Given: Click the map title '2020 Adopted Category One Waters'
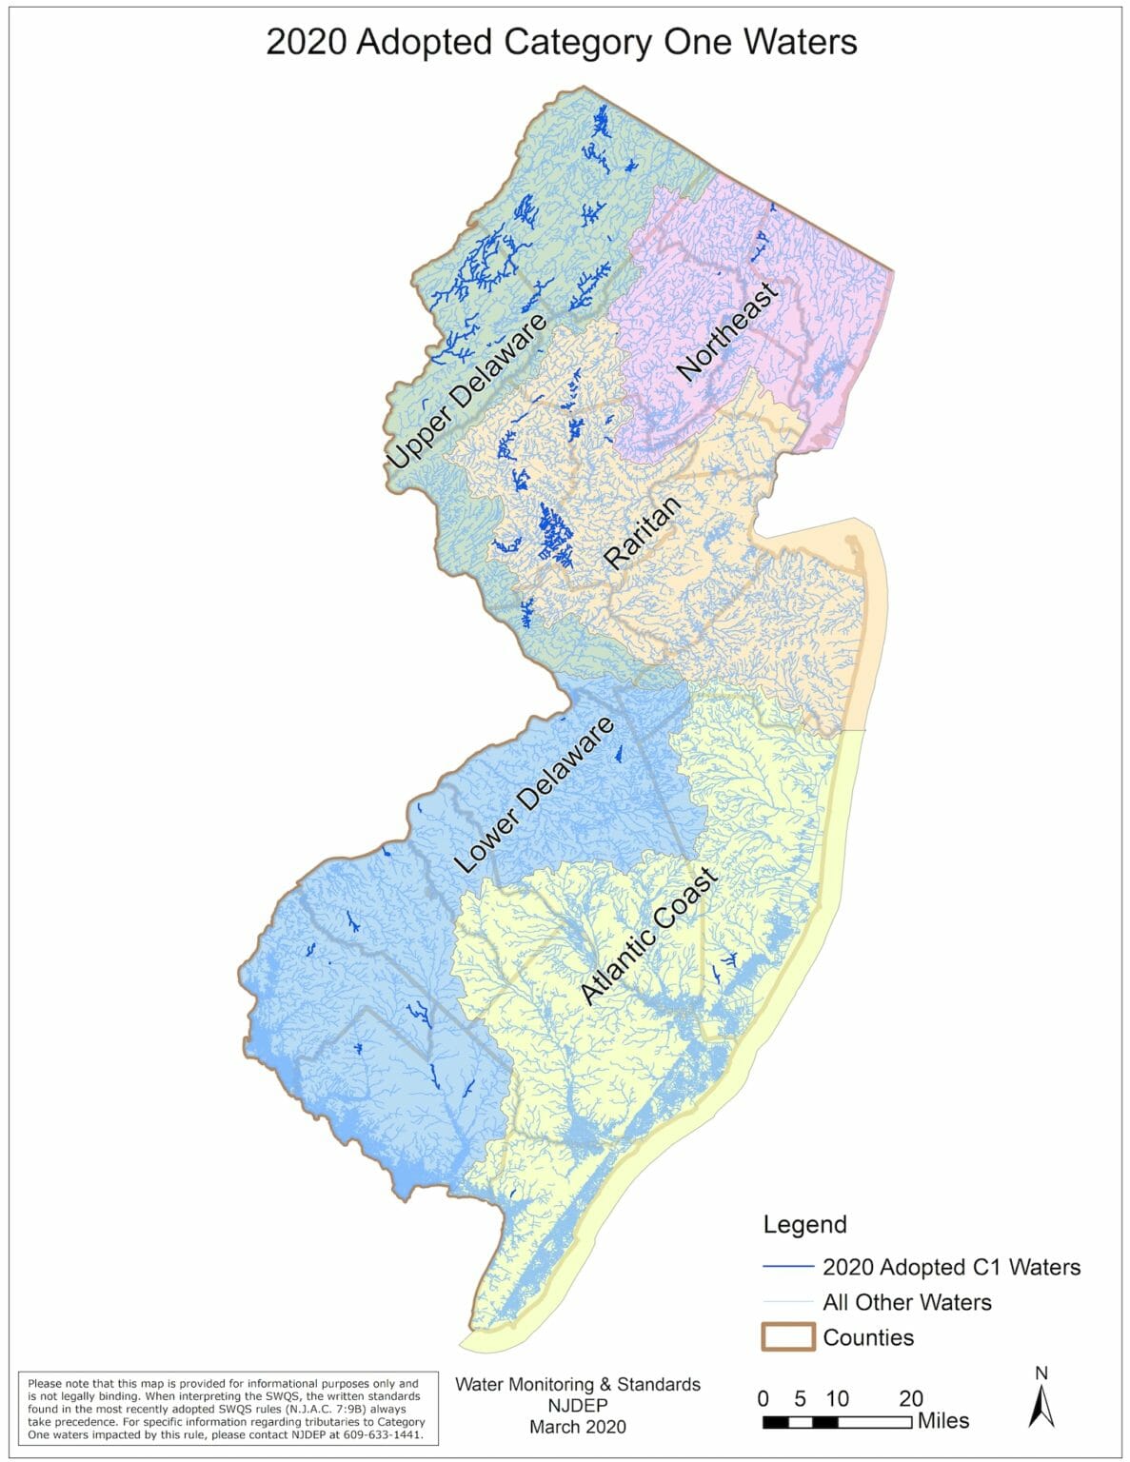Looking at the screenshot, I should pos(561,43).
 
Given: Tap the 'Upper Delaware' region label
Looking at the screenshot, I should pos(466,391).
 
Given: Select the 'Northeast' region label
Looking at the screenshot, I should pos(727,330).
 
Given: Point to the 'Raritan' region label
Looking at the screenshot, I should pos(644,533).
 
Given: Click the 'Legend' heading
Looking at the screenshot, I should pos(804,1224).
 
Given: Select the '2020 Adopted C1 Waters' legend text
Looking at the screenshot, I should pos(951,1267).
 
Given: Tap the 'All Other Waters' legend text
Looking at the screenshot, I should pos(906,1302).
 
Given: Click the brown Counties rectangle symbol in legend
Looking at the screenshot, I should pos(787,1337).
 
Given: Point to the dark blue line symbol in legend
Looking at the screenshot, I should pos(787,1267).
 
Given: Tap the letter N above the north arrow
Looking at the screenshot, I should pos(1041,1373).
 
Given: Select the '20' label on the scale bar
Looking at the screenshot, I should pos(911,1398).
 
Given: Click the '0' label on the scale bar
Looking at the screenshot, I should pos(763,1398).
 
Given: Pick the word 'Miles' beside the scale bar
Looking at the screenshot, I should pos(943,1421).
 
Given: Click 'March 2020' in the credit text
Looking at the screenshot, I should pos(578,1426).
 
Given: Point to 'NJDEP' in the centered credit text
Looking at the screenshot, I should pos(578,1405).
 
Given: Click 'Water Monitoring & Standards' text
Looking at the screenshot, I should pos(578,1384).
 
